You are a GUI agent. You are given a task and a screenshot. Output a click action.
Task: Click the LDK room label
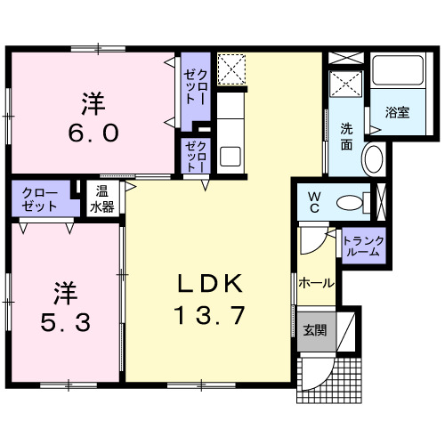tap(210, 284)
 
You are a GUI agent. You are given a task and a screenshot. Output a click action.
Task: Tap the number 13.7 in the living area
tap(210, 315)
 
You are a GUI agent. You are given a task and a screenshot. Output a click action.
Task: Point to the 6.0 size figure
tap(93, 133)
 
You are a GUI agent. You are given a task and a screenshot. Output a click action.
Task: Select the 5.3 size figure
tap(65, 323)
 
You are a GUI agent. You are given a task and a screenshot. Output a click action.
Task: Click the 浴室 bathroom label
tap(398, 112)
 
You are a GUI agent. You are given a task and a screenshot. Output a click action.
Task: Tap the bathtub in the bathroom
tap(398, 70)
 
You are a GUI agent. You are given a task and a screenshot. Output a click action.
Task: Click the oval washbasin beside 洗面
tap(374, 158)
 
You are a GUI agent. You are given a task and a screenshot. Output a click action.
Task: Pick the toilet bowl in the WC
tap(350, 203)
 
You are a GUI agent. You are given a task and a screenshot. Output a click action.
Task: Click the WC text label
tap(314, 203)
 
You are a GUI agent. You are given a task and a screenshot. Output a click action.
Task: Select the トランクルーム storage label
tap(363, 247)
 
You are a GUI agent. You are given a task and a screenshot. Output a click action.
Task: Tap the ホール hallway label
tap(316, 283)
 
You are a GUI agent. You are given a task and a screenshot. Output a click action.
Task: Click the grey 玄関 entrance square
tap(317, 331)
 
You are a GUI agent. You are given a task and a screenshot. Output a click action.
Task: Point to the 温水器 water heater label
tap(102, 199)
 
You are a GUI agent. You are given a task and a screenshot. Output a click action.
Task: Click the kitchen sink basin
tap(231, 157)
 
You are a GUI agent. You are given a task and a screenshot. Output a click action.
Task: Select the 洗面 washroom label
tap(346, 136)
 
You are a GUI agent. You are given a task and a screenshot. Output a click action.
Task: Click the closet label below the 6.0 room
tap(39, 199)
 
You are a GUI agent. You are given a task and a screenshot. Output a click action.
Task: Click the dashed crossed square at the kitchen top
tap(231, 69)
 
